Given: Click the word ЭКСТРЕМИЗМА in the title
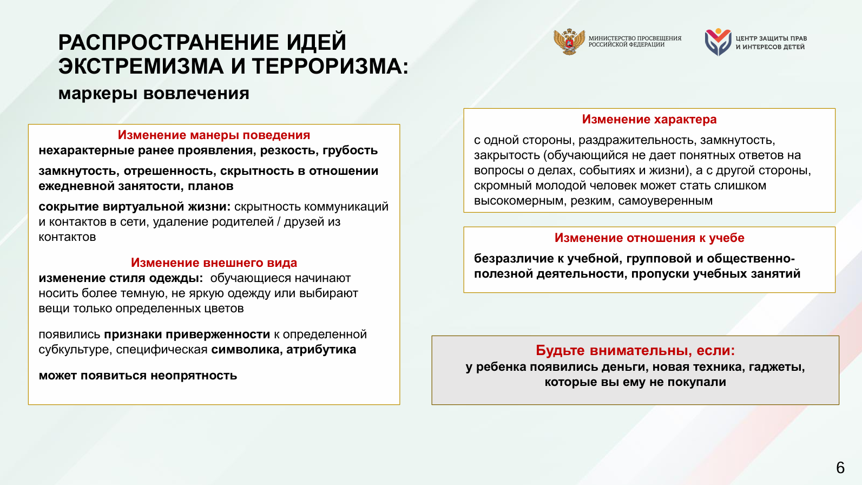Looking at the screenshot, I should (141, 67).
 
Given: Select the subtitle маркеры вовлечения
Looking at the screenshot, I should (154, 93).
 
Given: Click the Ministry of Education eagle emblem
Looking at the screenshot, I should (569, 42).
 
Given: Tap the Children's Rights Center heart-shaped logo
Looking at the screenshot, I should (718, 42).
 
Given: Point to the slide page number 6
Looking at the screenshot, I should (840, 468).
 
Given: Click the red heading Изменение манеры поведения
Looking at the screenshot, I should (214, 135).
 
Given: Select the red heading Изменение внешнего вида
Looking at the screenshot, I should (214, 263).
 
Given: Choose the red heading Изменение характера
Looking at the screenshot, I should (649, 120).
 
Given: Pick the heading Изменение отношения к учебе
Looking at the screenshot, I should (649, 238).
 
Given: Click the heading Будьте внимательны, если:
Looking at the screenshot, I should (635, 351).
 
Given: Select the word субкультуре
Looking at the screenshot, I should (75, 350).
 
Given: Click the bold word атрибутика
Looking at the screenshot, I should (321, 350).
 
